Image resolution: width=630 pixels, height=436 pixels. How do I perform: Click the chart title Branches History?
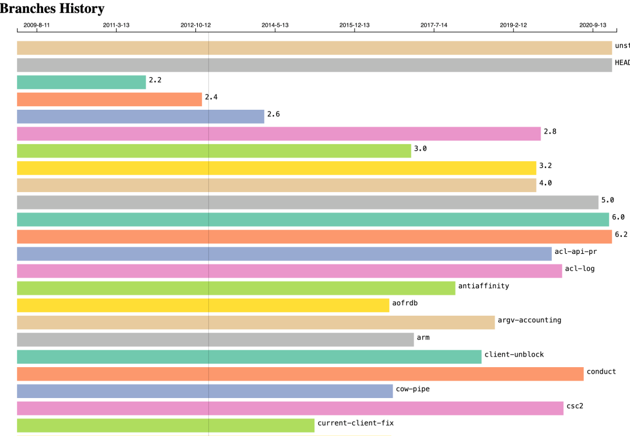pyautogui.click(x=52, y=9)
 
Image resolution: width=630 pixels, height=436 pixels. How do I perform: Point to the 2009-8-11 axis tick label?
pyautogui.click(x=36, y=25)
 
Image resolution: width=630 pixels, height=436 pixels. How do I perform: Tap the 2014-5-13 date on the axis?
pyautogui.click(x=275, y=25)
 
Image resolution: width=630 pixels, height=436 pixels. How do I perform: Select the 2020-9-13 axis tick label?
pyautogui.click(x=593, y=25)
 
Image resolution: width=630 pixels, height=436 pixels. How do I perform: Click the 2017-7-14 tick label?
pyautogui.click(x=434, y=25)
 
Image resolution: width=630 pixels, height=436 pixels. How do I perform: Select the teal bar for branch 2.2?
pyautogui.click(x=81, y=82)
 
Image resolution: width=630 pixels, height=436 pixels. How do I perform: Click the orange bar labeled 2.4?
pyautogui.click(x=109, y=99)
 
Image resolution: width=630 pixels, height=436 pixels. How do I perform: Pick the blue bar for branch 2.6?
pyautogui.click(x=141, y=117)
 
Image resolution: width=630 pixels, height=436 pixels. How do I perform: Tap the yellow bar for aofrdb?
pyautogui.click(x=202, y=305)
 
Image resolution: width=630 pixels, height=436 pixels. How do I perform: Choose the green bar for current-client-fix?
pyautogui.click(x=166, y=425)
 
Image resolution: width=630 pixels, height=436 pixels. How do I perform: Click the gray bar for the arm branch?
pyautogui.click(x=215, y=340)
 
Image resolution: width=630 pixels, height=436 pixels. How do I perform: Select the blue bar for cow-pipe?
pyautogui.click(x=205, y=391)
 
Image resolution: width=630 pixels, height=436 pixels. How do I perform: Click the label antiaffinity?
pyautogui.click(x=484, y=286)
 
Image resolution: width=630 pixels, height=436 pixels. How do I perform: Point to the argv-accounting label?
pyautogui.click(x=529, y=320)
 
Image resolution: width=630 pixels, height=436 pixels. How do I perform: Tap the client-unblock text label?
pyautogui.click(x=514, y=354)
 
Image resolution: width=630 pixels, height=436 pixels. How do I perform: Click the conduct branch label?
pyautogui.click(x=601, y=372)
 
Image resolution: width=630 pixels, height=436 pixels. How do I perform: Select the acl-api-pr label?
pyautogui.click(x=575, y=252)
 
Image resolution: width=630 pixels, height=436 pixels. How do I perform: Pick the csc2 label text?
pyautogui.click(x=575, y=406)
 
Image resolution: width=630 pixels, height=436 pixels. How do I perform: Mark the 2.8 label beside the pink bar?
pyautogui.click(x=549, y=131)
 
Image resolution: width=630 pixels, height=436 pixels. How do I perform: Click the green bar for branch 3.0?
pyautogui.click(x=213, y=151)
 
